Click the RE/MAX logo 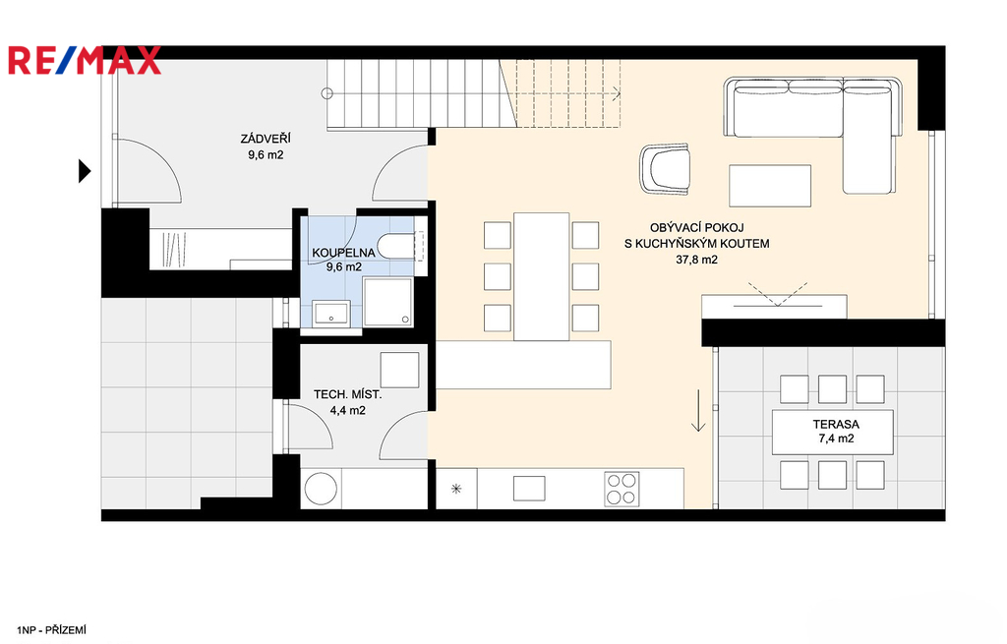pyautogui.click(x=85, y=60)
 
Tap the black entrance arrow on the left pyautogui.click(x=85, y=171)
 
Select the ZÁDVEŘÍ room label pyautogui.click(x=266, y=139)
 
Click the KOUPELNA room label pyautogui.click(x=343, y=253)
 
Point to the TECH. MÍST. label pyautogui.click(x=347, y=394)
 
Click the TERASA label pyautogui.click(x=836, y=425)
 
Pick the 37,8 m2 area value pyautogui.click(x=697, y=260)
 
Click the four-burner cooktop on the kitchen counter pyautogui.click(x=622, y=489)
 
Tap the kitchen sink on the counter pyautogui.click(x=529, y=489)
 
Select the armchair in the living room pyautogui.click(x=666, y=169)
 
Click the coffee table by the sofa pyautogui.click(x=770, y=186)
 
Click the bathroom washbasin pyautogui.click(x=331, y=313)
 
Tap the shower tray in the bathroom pyautogui.click(x=387, y=301)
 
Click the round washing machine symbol pyautogui.click(x=322, y=490)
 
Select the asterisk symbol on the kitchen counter pyautogui.click(x=456, y=490)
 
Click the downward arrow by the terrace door pyautogui.click(x=698, y=410)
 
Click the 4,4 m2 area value pyautogui.click(x=347, y=410)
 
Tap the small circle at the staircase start pyautogui.click(x=326, y=93)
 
